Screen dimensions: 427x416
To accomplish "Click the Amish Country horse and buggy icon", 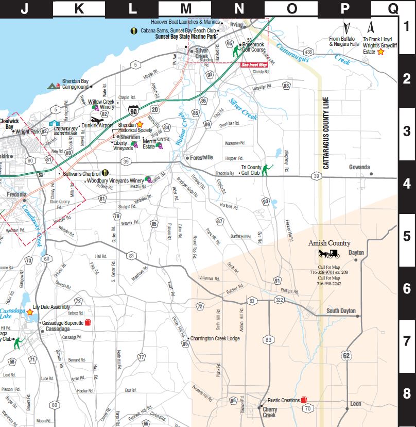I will pos(329,253).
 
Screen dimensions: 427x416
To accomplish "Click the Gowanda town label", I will pos(359,167).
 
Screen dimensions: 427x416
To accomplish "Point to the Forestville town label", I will pos(201,158).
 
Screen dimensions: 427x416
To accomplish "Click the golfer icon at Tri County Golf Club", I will pos(266,170).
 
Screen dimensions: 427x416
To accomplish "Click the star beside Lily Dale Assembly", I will pos(30,312).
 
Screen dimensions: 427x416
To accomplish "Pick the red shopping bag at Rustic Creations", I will pos(304,400).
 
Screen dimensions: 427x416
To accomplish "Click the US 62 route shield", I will pos(348,355).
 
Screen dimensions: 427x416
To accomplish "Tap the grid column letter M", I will pos(185,8).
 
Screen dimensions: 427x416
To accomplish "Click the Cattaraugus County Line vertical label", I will pos(325,135).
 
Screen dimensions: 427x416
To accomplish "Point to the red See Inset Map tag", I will pos(255,65).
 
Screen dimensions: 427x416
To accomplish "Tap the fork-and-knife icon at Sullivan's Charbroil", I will pos(105,173).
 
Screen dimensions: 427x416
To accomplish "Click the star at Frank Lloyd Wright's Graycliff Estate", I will pos(380,52).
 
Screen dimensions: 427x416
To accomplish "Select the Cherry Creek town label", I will pos(269,412).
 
